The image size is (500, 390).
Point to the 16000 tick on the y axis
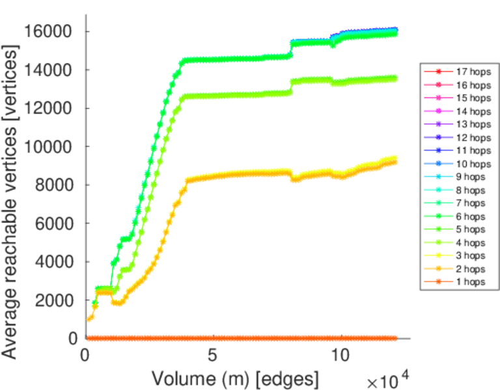coord(47,31)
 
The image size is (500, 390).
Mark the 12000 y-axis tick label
coord(47,109)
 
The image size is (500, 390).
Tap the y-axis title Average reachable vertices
coord(10,185)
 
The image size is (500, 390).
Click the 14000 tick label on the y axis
coord(47,70)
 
